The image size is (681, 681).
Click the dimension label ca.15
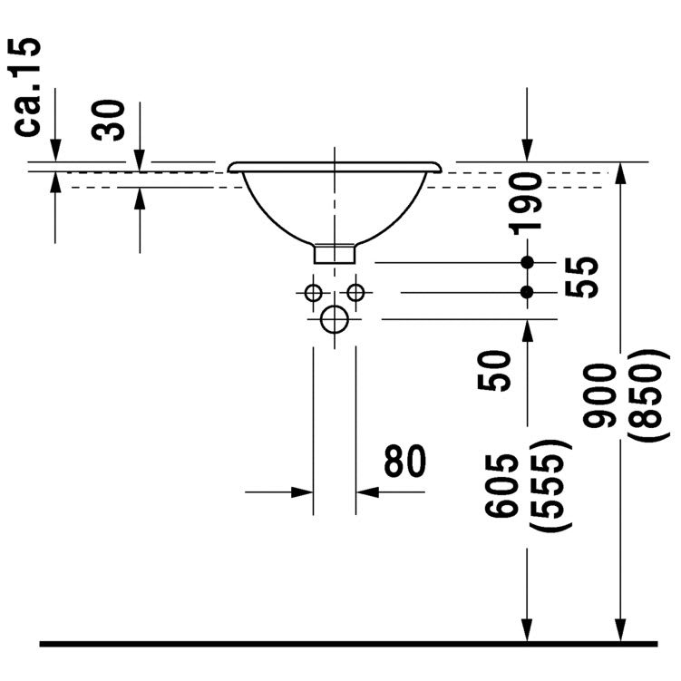pyautogui.click(x=30, y=86)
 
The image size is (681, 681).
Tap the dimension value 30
pyautogui.click(x=112, y=121)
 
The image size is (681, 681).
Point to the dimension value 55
pyautogui.click(x=587, y=277)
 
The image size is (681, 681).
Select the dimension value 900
pyautogui.click(x=600, y=395)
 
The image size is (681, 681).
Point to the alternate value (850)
pyautogui.click(x=651, y=395)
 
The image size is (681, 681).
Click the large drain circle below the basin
pyautogui.click(x=335, y=319)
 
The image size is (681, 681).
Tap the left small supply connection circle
pyautogui.click(x=313, y=293)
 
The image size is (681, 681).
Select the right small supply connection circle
pyautogui.click(x=356, y=293)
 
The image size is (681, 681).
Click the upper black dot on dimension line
pyautogui.click(x=527, y=263)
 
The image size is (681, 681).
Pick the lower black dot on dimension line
pyautogui.click(x=527, y=292)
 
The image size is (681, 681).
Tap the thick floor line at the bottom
pyautogui.click(x=348, y=644)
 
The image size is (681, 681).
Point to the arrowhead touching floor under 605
pyautogui.click(x=527, y=630)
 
